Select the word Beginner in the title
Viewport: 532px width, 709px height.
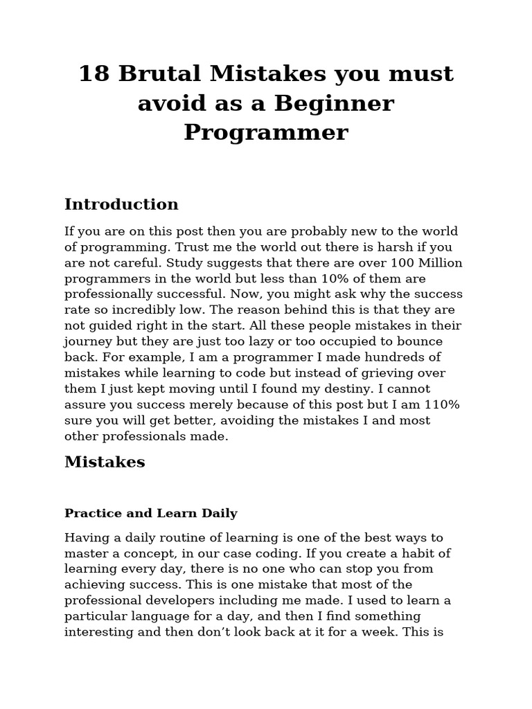pyautogui.click(x=334, y=103)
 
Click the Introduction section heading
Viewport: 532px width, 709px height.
pyautogui.click(x=121, y=204)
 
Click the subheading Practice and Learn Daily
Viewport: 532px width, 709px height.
pyautogui.click(x=151, y=514)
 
